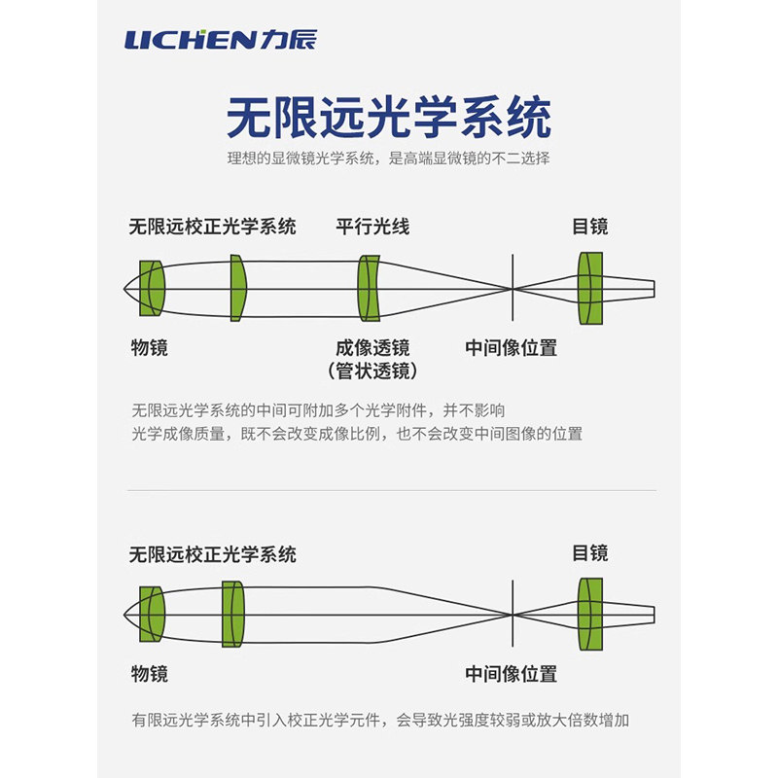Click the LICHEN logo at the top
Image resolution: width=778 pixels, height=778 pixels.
(x=221, y=40)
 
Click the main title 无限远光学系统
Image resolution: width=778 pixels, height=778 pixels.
(x=389, y=118)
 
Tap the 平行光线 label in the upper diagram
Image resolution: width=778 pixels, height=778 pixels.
(x=372, y=227)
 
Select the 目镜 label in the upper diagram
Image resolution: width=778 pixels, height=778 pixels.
(x=590, y=227)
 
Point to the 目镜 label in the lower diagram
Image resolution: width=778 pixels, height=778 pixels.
(x=590, y=552)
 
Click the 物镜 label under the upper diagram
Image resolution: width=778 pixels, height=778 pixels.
(x=150, y=347)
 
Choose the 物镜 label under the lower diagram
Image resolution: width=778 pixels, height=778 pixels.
(x=150, y=674)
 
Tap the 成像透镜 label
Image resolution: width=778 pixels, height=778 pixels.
(x=372, y=348)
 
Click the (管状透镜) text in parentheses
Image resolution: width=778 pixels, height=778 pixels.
(x=372, y=371)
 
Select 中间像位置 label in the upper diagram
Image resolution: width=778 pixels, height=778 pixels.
(x=512, y=348)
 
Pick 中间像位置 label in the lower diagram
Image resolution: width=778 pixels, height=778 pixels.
(x=512, y=674)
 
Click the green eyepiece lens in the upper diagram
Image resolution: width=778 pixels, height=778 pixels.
(x=590, y=288)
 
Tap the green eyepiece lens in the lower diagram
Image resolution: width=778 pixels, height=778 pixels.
(x=590, y=615)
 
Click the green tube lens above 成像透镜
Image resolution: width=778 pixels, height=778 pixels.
(x=369, y=288)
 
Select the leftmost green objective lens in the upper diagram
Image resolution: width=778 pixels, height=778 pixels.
(x=152, y=288)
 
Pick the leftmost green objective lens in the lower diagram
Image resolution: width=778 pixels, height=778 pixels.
(x=152, y=615)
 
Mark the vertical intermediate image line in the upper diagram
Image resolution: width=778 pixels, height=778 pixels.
(x=513, y=288)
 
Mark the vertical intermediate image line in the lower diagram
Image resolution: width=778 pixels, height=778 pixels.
(x=513, y=614)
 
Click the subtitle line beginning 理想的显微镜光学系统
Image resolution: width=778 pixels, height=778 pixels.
(x=388, y=159)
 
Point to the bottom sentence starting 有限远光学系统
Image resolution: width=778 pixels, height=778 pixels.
(x=380, y=720)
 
